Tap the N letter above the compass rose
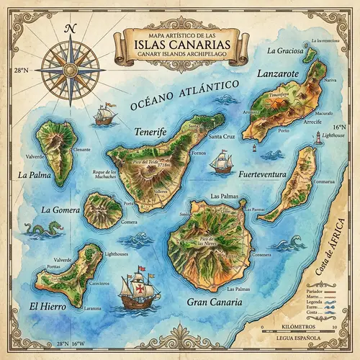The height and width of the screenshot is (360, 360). [x=70, y=29]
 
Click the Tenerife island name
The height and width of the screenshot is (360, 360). [x=150, y=132]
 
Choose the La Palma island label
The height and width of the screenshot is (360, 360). [x=32, y=174]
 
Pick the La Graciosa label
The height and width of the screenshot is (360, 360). [x=282, y=51]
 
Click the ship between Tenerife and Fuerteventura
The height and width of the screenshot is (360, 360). [x=220, y=162]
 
